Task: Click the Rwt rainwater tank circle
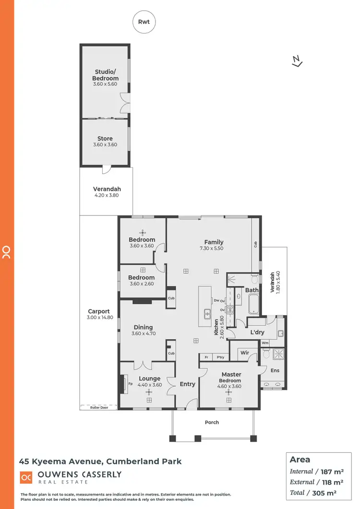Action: [x=144, y=22]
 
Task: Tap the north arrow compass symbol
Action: [x=297, y=61]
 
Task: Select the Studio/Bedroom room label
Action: [x=106, y=75]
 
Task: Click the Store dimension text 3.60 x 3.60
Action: [x=105, y=144]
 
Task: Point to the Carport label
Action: [x=99, y=311]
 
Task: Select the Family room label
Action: [x=214, y=242]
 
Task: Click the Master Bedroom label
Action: [x=231, y=377]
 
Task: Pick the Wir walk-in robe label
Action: [x=244, y=353]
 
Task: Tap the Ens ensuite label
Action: [x=275, y=370]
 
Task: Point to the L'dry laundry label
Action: [x=258, y=332]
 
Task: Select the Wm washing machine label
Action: [x=265, y=343]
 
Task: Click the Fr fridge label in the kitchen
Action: [x=206, y=357]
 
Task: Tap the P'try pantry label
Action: [x=220, y=357]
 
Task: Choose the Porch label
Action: [x=212, y=422]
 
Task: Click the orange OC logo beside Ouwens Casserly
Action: [x=26, y=477]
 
